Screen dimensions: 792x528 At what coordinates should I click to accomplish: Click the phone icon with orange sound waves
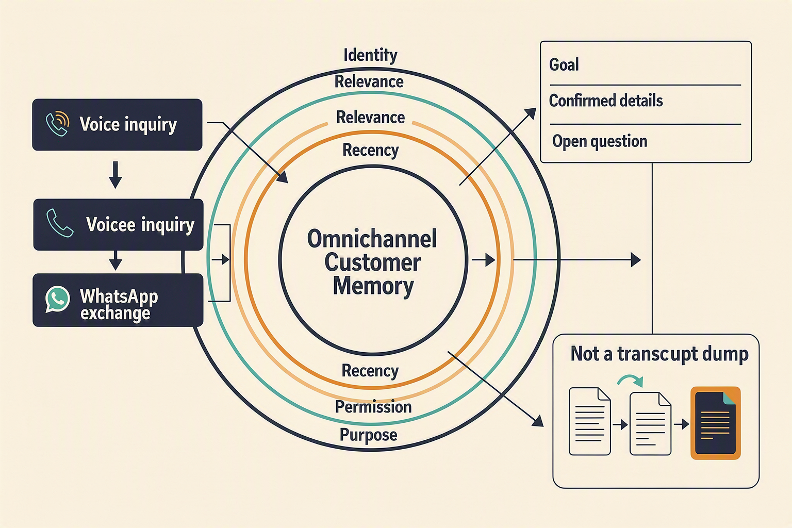click(x=58, y=124)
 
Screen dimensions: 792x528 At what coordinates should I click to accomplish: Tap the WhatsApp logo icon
click(x=57, y=299)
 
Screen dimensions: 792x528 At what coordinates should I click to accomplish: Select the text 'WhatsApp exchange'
click(x=119, y=305)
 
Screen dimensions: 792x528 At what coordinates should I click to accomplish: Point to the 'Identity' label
click(x=370, y=56)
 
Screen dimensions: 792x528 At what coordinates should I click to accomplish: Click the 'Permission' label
click(x=373, y=407)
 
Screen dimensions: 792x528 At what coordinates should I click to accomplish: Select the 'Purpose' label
click(x=369, y=435)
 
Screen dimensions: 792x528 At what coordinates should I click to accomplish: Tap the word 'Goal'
click(x=564, y=65)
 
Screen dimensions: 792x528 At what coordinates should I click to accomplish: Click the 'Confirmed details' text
click(x=606, y=101)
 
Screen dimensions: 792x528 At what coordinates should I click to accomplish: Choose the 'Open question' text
click(x=600, y=141)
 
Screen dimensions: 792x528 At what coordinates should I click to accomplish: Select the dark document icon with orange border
click(x=716, y=423)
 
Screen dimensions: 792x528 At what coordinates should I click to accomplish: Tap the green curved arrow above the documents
click(x=630, y=381)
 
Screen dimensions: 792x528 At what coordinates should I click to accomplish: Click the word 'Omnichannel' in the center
click(x=372, y=239)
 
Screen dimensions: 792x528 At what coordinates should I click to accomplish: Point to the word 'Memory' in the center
click(x=373, y=286)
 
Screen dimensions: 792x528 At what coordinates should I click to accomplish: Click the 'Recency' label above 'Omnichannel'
click(x=371, y=150)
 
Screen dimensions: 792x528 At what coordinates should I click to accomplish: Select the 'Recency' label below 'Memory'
click(x=370, y=371)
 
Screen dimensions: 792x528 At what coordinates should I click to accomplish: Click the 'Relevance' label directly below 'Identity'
click(x=369, y=81)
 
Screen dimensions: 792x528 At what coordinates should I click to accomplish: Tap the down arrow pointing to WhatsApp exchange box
click(x=115, y=260)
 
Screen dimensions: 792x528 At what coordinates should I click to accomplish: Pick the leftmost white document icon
click(x=589, y=421)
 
